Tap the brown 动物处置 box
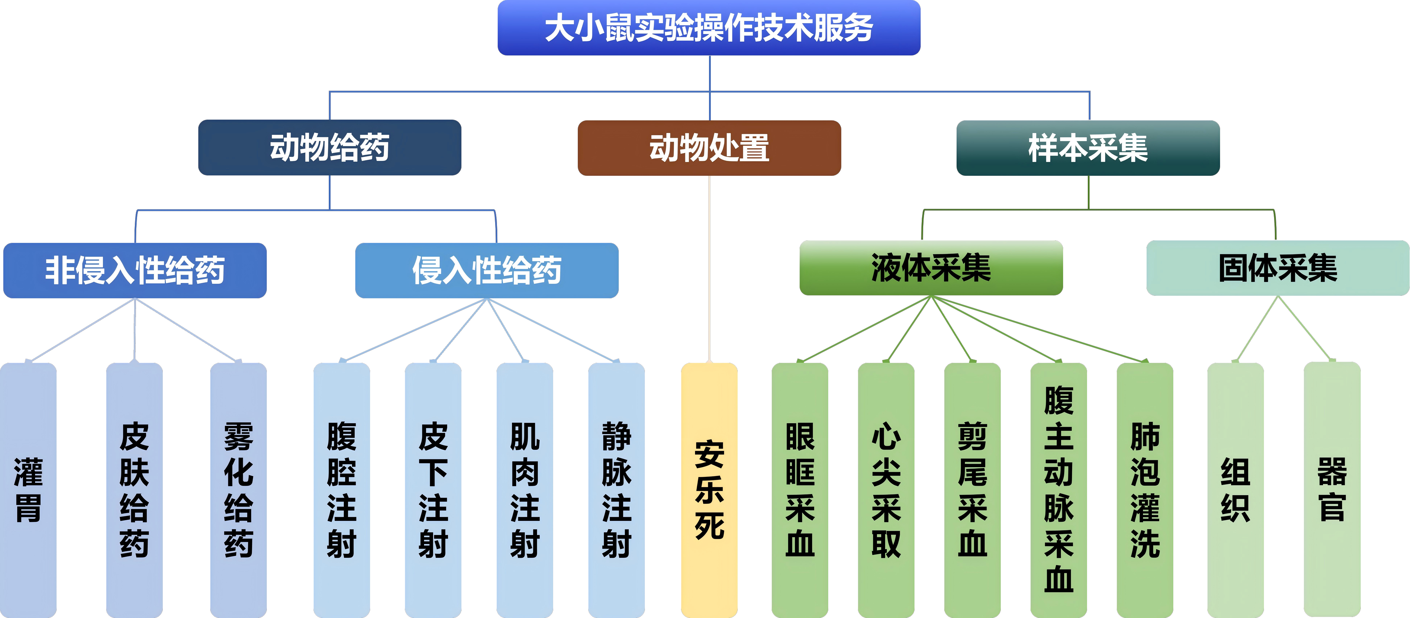tap(709, 148)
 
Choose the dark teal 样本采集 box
tap(1088, 148)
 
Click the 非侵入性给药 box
tap(135, 270)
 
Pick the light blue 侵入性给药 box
tap(487, 270)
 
